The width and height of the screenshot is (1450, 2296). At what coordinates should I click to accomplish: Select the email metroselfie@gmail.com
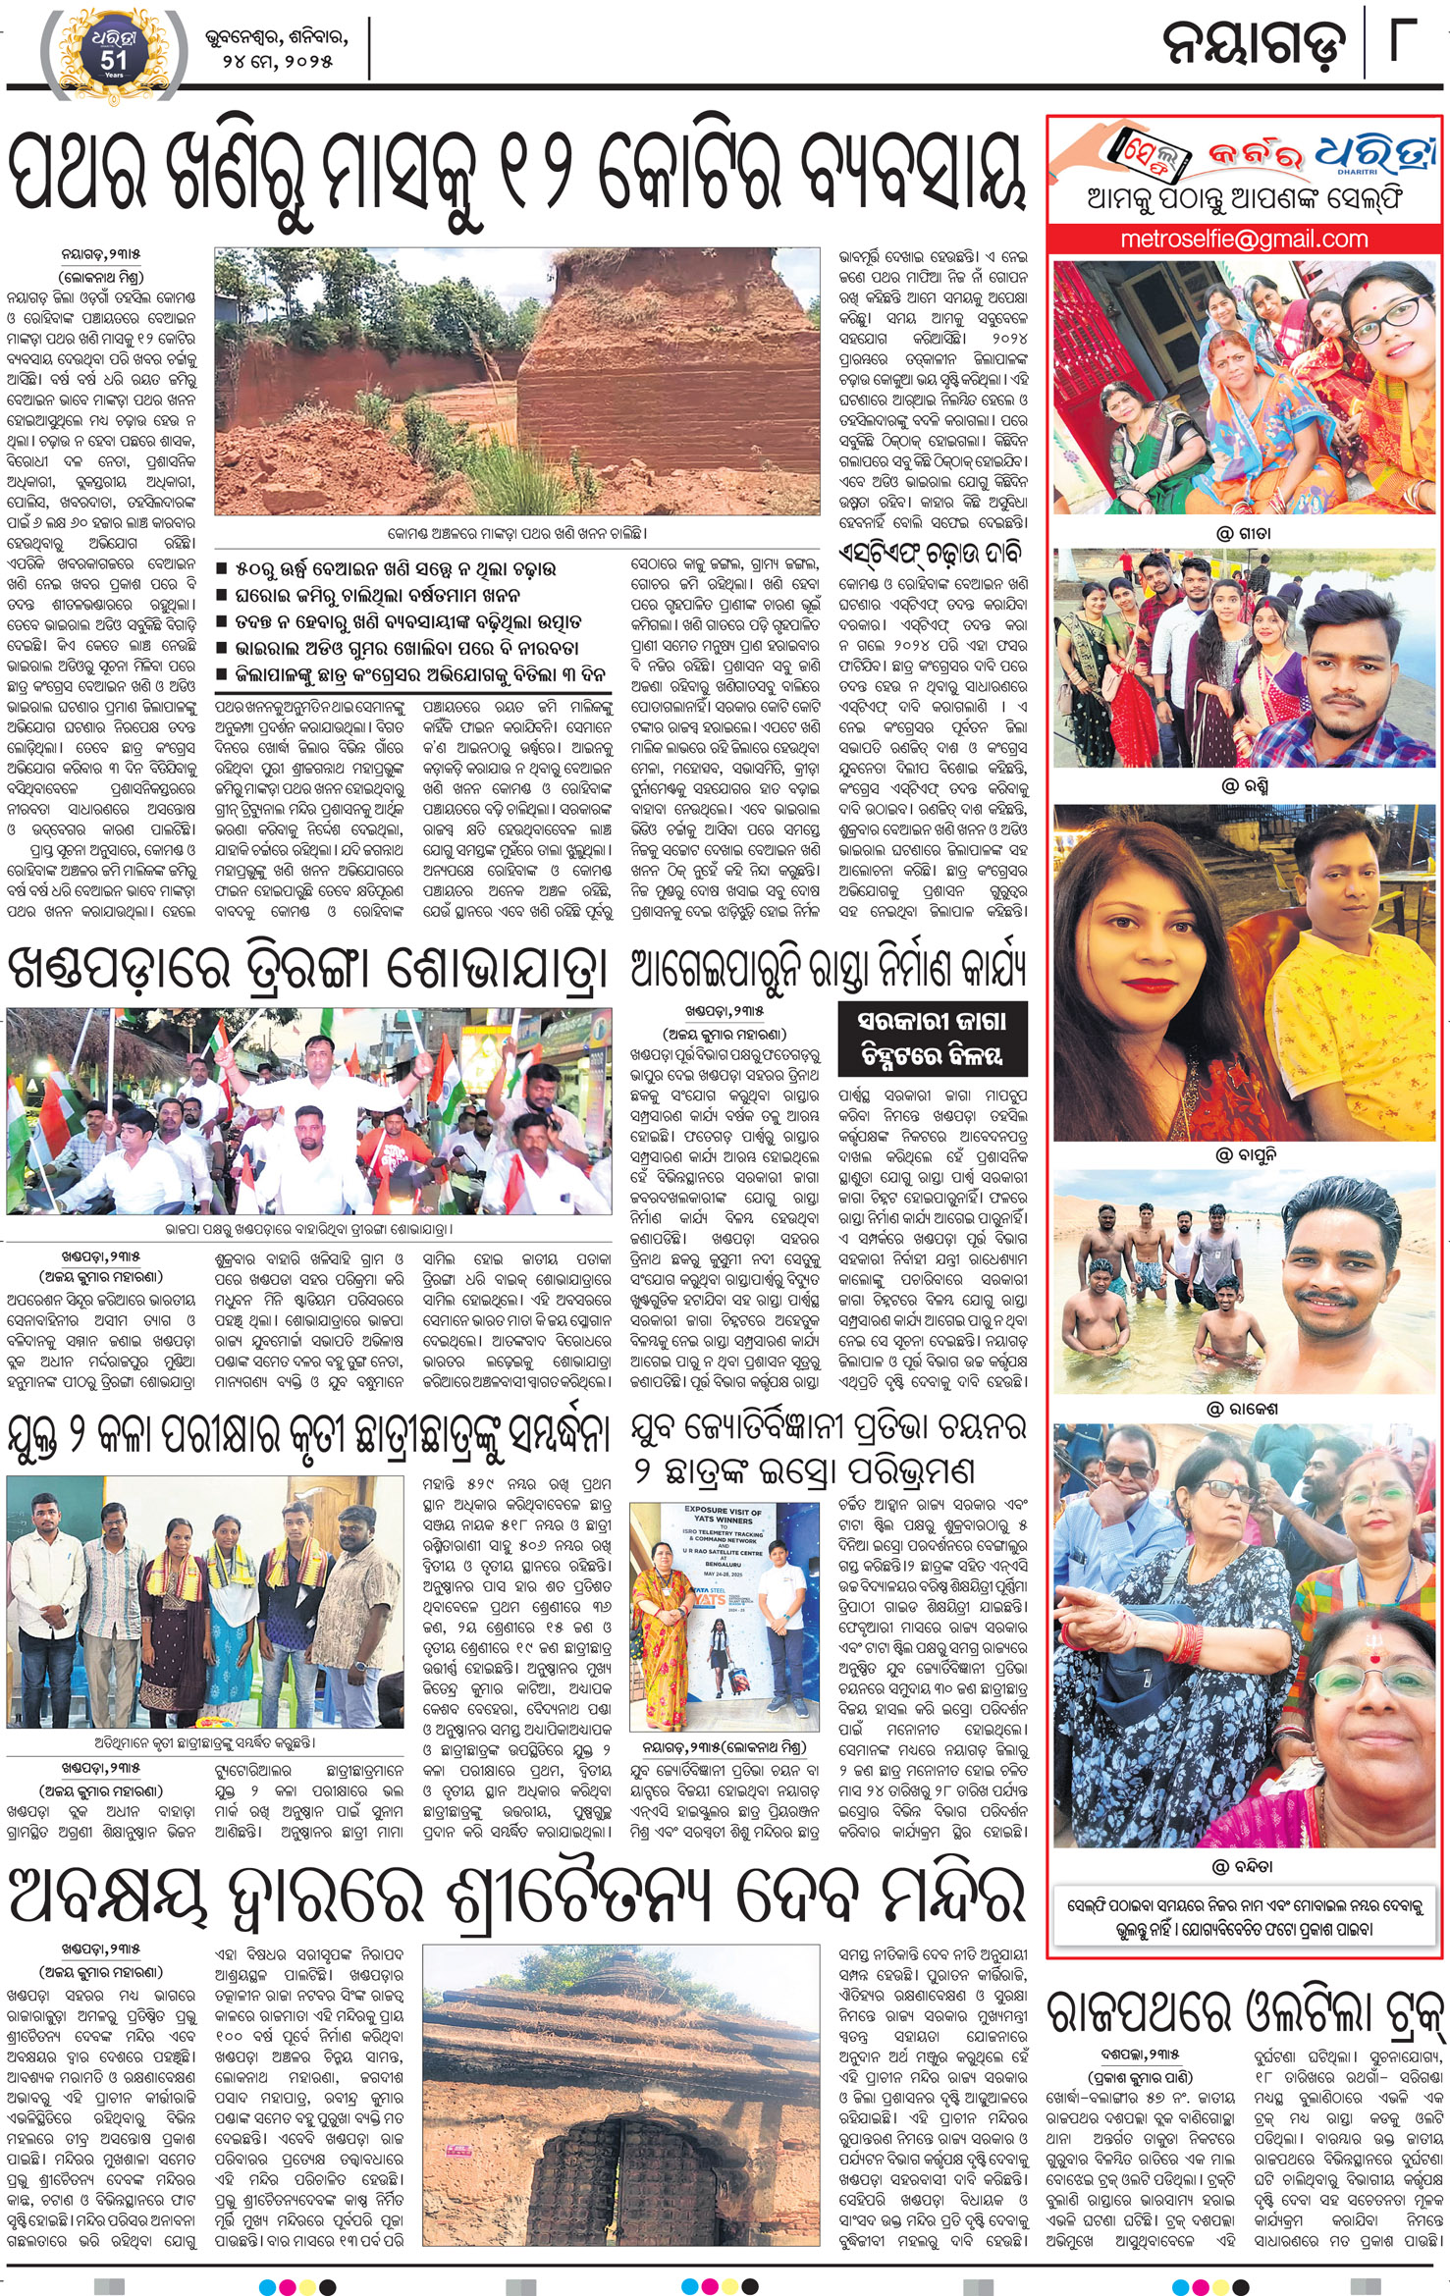(x=1244, y=239)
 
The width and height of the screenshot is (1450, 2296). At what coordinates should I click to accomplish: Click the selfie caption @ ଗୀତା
(x=1243, y=534)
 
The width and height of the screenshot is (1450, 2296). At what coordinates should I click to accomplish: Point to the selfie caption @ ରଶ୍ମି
(x=1243, y=786)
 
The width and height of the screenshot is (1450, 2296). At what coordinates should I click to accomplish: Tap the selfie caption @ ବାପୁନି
(x=1243, y=1154)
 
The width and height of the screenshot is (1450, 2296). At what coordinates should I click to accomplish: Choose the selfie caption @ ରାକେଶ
(x=1243, y=1409)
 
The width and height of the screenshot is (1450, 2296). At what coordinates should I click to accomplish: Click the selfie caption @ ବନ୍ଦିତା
(x=1243, y=1866)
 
